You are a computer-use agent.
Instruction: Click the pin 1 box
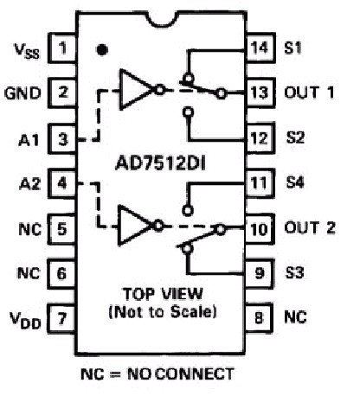[62, 48]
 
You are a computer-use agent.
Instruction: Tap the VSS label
[27, 51]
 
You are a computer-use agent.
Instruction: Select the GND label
[22, 93]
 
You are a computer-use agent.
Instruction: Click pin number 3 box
[62, 139]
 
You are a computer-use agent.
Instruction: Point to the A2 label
[29, 184]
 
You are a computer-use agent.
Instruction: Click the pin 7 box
[61, 319]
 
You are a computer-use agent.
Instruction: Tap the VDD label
[25, 320]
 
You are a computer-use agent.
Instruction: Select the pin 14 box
[260, 48]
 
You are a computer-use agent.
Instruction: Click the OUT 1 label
[309, 93]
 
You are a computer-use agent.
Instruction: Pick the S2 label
[295, 137]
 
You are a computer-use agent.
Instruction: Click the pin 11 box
[259, 182]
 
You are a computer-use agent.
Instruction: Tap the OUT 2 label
[310, 227]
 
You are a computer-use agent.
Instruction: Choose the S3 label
[294, 272]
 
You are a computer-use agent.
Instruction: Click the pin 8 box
[259, 317]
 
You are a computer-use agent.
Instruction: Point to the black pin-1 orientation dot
[102, 50]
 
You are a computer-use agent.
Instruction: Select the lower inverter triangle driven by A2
[134, 226]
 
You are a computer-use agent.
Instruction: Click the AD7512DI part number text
[160, 164]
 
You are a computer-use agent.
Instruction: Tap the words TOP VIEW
[163, 294]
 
